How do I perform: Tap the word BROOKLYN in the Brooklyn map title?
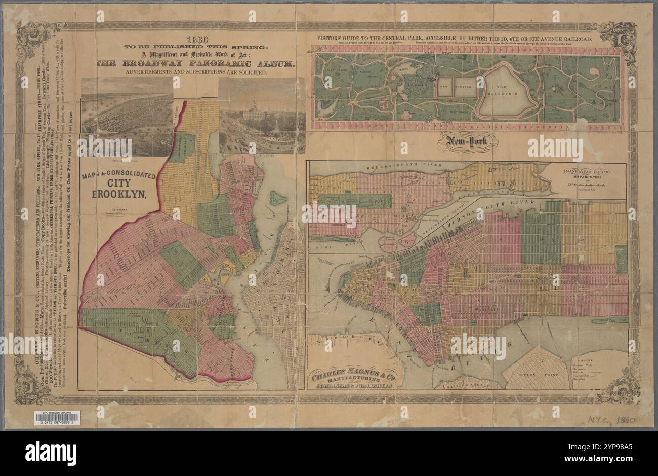(x=118, y=194)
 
